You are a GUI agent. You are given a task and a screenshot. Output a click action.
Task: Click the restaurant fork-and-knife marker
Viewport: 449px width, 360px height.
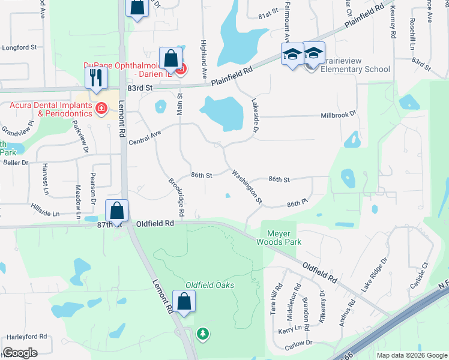click(x=96, y=77)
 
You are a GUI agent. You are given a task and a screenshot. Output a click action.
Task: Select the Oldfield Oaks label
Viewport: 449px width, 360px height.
click(x=209, y=285)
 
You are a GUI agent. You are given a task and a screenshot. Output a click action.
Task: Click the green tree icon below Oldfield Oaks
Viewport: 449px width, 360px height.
click(x=203, y=333)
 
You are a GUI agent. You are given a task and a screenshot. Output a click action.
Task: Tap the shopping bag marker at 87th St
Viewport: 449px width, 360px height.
click(x=117, y=211)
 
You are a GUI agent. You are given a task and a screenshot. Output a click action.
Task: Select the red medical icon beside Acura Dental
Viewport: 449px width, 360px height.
click(x=101, y=109)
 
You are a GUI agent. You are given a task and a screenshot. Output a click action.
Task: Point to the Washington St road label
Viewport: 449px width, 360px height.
click(x=248, y=187)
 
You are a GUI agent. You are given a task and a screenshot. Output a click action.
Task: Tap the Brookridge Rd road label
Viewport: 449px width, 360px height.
click(x=175, y=197)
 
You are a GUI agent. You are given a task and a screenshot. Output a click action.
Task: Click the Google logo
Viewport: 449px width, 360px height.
click(x=20, y=353)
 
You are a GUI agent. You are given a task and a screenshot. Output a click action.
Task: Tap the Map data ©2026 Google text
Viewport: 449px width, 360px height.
click(x=411, y=355)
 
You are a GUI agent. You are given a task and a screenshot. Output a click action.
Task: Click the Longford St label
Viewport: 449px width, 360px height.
click(x=20, y=47)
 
